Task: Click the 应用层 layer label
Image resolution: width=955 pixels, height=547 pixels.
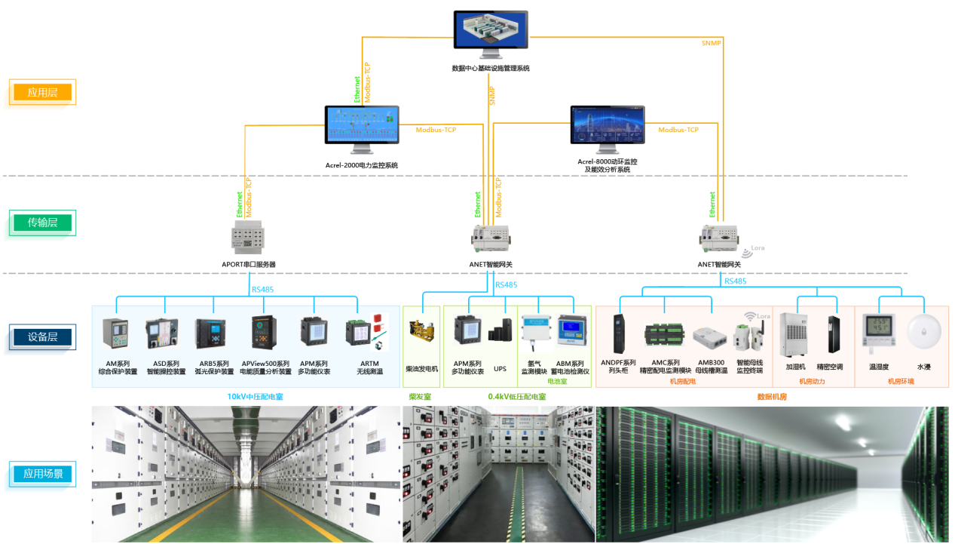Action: click(x=43, y=93)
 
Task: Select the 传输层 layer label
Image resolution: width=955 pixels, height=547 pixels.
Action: click(x=43, y=223)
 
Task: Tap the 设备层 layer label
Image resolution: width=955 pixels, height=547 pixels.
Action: click(x=43, y=337)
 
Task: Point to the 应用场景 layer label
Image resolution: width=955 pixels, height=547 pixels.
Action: click(x=43, y=475)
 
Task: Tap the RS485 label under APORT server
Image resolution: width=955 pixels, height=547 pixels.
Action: click(x=262, y=288)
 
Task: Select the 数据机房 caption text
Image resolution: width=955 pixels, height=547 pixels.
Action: click(x=772, y=396)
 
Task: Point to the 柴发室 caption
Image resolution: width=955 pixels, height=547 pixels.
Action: click(x=420, y=396)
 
